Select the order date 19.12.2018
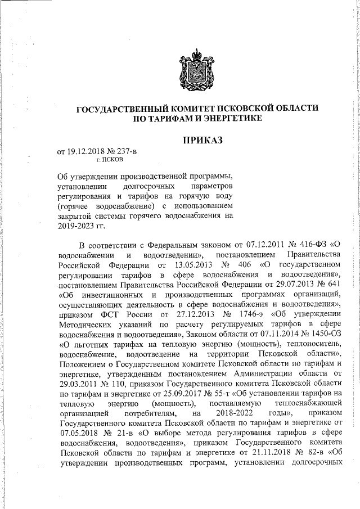click(x=85, y=151)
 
